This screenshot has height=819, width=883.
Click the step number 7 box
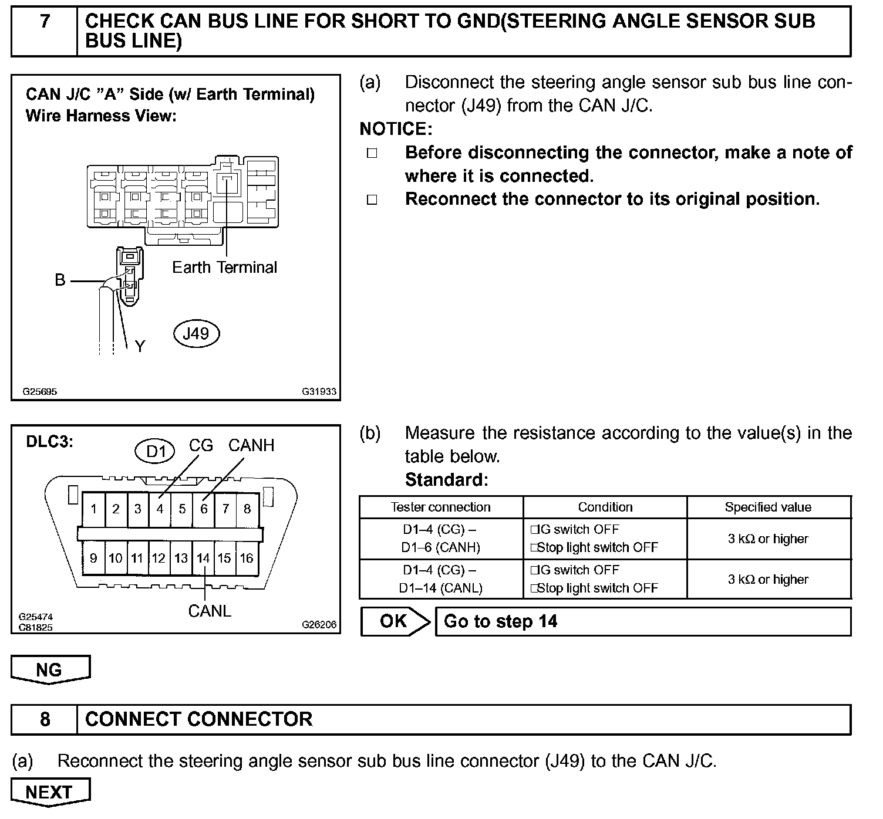(x=45, y=31)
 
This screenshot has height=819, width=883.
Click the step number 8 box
(x=45, y=719)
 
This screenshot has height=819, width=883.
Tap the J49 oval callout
(x=196, y=334)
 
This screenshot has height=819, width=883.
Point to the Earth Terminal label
(x=224, y=268)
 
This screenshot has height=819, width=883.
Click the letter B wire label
(x=60, y=280)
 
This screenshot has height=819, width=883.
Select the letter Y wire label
(x=140, y=347)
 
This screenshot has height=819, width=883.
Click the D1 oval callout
(x=156, y=451)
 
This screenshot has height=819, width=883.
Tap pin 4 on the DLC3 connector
(x=160, y=509)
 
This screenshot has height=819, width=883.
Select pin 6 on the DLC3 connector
(x=204, y=509)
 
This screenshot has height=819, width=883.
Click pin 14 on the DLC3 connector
(x=203, y=558)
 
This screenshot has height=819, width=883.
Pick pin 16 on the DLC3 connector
(x=247, y=558)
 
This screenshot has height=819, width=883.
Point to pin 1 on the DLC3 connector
(x=93, y=509)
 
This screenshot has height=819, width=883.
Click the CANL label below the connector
(x=210, y=611)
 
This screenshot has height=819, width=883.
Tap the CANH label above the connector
(x=251, y=445)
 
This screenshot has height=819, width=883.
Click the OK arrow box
(x=395, y=621)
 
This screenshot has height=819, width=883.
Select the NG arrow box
(x=50, y=669)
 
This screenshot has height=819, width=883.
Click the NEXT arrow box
(x=50, y=792)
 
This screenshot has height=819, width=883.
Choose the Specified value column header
(x=768, y=507)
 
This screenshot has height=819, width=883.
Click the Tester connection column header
(x=441, y=507)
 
